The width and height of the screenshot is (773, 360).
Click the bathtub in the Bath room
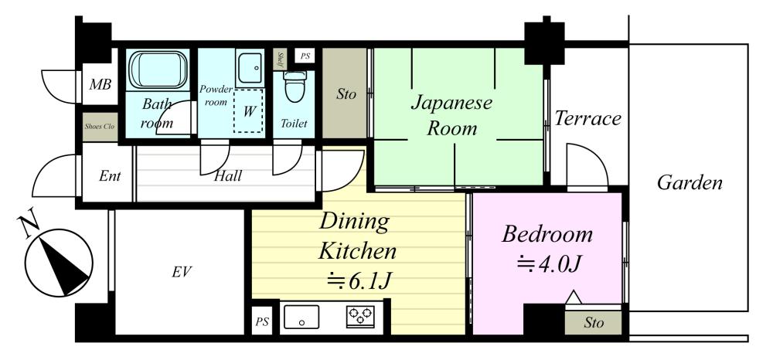(158, 70)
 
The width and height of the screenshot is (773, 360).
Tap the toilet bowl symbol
(295, 87)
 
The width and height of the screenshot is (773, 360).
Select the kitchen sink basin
(301, 317)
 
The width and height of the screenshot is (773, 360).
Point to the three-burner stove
(360, 317)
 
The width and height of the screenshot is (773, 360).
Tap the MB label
(100, 84)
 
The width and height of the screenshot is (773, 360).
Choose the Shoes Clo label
(100, 127)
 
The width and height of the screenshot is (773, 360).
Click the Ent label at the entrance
(110, 176)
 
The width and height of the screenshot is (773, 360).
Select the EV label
(182, 271)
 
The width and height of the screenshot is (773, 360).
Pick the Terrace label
(588, 119)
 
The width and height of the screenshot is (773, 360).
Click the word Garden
(690, 183)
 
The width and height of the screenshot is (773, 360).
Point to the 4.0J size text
(550, 265)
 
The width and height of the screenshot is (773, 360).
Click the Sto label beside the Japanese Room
(346, 94)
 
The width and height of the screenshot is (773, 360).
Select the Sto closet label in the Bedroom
(594, 323)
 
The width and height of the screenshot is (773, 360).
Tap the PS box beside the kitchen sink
(262, 322)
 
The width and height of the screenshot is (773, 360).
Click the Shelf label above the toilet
(281, 59)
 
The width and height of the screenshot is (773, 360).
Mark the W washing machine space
(249, 110)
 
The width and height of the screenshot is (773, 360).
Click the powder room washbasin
(250, 67)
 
